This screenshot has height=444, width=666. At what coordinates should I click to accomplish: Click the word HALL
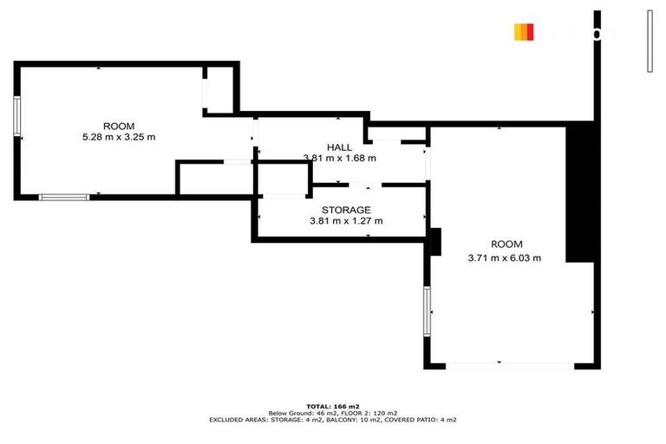[339, 147]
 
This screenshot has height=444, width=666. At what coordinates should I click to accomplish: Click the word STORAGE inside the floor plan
[346, 210]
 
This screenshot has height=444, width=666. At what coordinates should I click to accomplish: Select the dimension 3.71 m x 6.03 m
[505, 258]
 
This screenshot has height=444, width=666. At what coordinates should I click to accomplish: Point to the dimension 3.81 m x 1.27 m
[346, 221]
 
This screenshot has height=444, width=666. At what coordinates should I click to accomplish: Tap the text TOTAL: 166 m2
[332, 406]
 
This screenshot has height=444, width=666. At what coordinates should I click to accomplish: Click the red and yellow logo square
[524, 32]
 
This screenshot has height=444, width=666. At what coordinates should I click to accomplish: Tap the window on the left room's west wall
[17, 115]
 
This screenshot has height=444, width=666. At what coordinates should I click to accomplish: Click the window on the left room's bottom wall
[64, 198]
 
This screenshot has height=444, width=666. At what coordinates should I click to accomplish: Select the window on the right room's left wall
[427, 310]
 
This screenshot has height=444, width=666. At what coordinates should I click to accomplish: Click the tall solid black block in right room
[578, 193]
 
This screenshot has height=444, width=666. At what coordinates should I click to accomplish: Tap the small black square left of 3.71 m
[436, 240]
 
